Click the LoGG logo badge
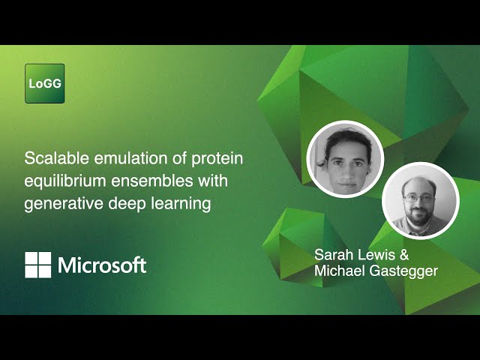coord(44,83)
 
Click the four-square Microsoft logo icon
coord(38,265)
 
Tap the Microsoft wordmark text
coord(102,265)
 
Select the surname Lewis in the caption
coord(377,253)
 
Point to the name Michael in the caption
coord(340,271)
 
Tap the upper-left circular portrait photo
coord(346,160)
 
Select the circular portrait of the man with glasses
coord(420,200)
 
